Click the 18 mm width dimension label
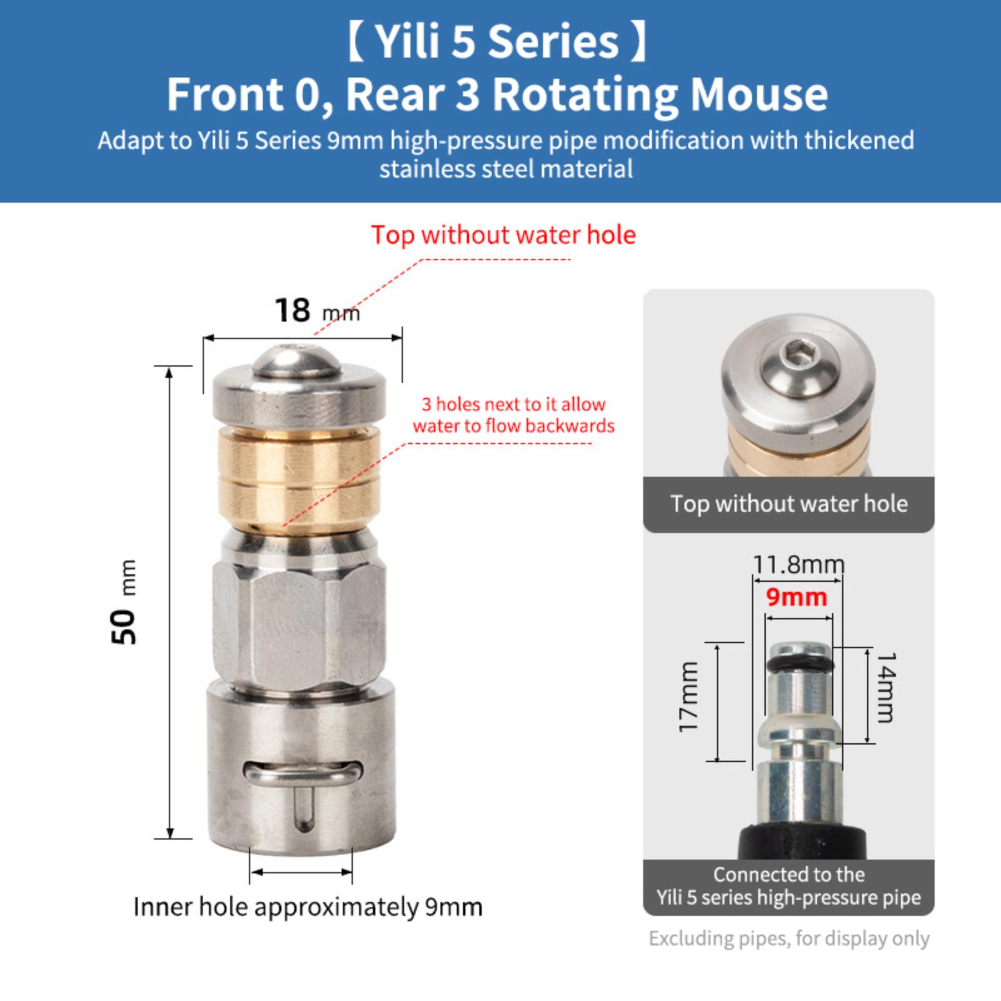tap(317, 310)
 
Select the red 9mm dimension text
tap(796, 597)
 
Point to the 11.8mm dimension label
tap(798, 564)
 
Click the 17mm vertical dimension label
tap(688, 696)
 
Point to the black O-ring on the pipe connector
tap(798, 662)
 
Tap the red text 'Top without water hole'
tap(503, 235)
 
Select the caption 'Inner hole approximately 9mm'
tap(308, 907)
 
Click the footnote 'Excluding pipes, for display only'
tap(789, 938)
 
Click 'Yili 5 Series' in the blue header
tap(497, 42)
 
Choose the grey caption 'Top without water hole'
tap(789, 504)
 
